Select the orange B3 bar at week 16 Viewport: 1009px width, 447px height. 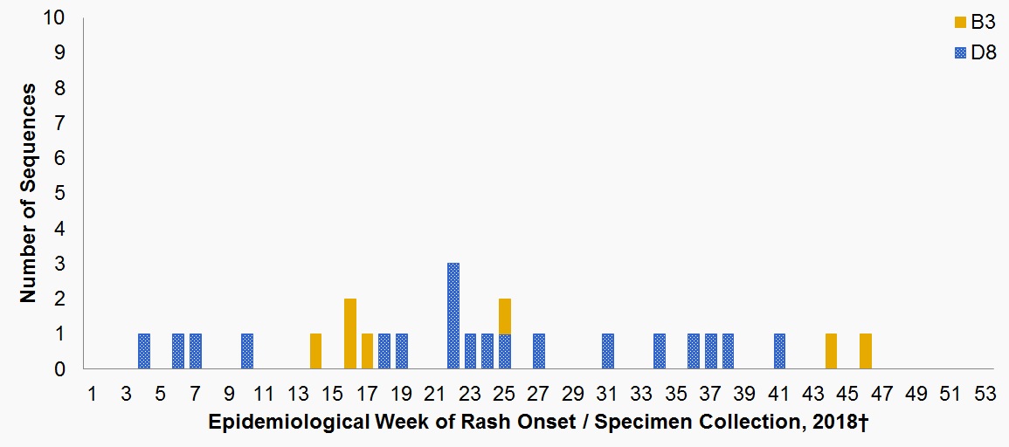tap(350, 334)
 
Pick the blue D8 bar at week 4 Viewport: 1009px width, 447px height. tap(144, 351)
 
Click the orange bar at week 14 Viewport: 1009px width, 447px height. tap(316, 351)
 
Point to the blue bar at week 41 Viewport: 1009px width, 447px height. tap(779, 351)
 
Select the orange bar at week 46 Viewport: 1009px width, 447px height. tap(865, 351)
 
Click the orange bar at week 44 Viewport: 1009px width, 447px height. tap(831, 351)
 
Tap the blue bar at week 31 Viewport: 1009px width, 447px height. tap(608, 351)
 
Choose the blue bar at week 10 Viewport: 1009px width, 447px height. tap(247, 351)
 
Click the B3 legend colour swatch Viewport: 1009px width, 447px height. tap(960, 22)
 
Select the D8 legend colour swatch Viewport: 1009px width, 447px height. tap(960, 53)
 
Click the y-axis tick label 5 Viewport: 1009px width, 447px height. tap(59, 194)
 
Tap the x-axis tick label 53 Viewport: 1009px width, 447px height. tap(985, 394)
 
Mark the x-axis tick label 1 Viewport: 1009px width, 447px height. tap(93, 394)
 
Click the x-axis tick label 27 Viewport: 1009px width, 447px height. tap(539, 394)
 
